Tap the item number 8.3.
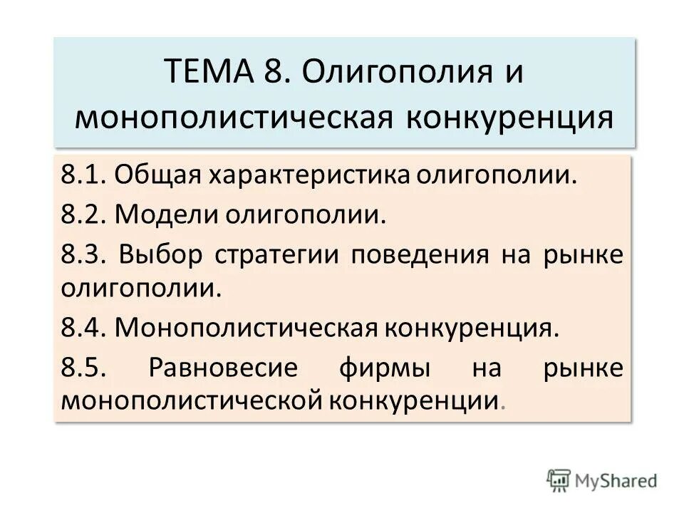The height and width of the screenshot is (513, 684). point(83,253)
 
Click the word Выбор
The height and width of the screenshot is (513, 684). point(162,253)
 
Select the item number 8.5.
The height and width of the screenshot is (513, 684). point(84,368)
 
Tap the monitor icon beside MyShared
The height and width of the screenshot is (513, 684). point(559,480)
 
